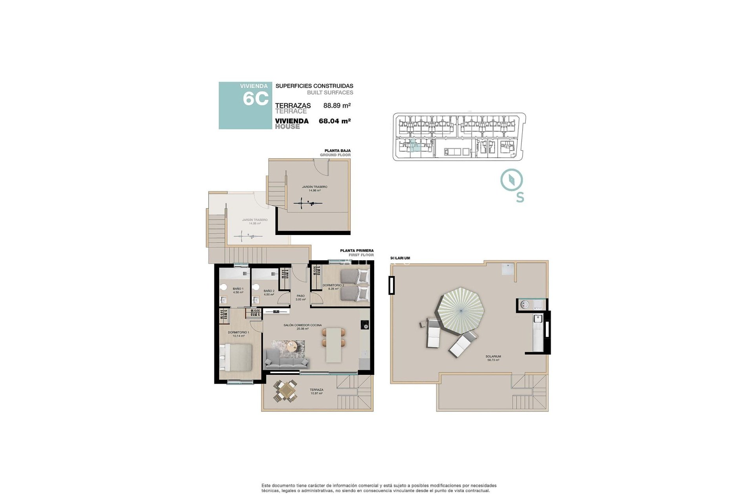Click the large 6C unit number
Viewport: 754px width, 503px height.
click(x=255, y=99)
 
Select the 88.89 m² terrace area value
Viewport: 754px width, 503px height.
click(x=337, y=105)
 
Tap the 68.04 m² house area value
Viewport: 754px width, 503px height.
click(x=334, y=121)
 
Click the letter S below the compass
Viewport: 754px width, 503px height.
click(x=520, y=197)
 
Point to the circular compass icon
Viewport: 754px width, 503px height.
click(x=511, y=180)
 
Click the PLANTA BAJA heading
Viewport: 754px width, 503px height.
click(x=337, y=151)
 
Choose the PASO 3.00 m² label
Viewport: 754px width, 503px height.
click(x=300, y=297)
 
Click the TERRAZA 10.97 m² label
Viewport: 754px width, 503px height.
click(x=316, y=391)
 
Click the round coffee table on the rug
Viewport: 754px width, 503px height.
click(x=292, y=347)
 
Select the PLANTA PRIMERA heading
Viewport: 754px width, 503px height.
click(x=357, y=250)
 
